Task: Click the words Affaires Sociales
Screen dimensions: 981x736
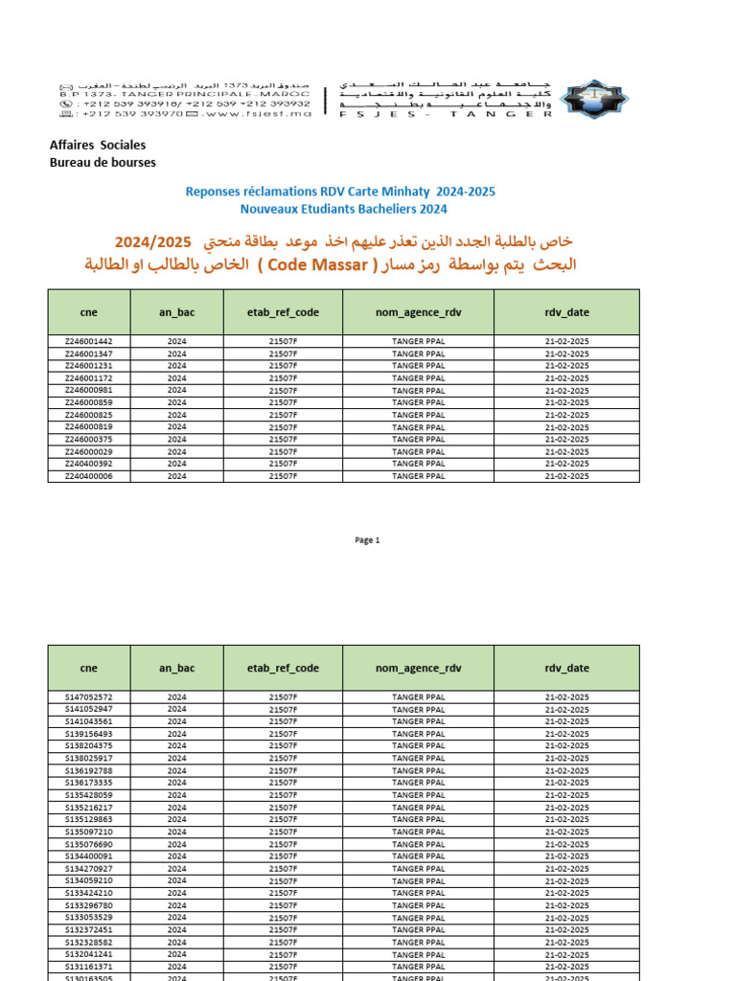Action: point(98,146)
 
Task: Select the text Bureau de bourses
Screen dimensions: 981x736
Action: point(103,162)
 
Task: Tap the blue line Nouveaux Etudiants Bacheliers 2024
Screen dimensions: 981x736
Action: point(343,209)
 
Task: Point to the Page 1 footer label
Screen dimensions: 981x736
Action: point(367,540)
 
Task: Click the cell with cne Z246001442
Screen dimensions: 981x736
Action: point(88,341)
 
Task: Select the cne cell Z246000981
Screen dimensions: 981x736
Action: point(88,390)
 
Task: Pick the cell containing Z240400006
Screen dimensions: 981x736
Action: point(88,476)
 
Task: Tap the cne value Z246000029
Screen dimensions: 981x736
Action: point(88,451)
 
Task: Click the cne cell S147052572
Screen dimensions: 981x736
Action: point(88,696)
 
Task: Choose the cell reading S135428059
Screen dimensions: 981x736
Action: point(88,795)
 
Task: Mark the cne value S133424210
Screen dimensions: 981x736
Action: point(88,893)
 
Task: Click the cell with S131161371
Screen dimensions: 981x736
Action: point(88,967)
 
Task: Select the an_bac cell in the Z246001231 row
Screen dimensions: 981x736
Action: point(177,366)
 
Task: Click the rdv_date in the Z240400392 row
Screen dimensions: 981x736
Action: point(566,464)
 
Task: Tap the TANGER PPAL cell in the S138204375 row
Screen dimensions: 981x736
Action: point(419,745)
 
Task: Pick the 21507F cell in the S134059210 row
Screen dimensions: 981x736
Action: point(283,880)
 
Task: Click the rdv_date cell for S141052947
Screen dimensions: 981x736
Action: point(566,709)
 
